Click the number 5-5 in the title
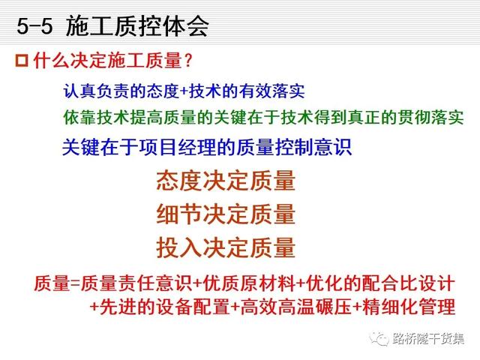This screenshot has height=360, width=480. coord(34,25)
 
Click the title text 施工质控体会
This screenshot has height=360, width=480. coord(137,25)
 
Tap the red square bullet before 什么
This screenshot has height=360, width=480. coord(22,61)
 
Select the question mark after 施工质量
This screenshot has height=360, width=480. coord(188,60)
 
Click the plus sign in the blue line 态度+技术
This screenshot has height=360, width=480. coord(184,91)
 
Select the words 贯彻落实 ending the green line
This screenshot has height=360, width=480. coord(430,117)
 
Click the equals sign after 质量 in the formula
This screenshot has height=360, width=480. coord(75,283)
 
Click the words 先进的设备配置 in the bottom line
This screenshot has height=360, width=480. coord(165,307)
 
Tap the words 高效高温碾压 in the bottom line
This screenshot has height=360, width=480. coord(296,307)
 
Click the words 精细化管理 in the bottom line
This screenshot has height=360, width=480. coord(409,307)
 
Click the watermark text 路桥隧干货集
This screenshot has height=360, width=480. coord(428,339)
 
